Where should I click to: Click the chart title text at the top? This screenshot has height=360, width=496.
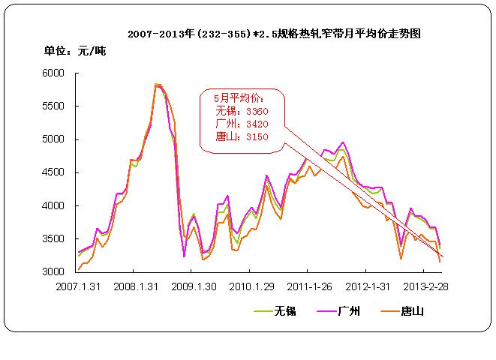click(x=273, y=34)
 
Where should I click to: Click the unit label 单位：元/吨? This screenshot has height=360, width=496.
click(x=74, y=51)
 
